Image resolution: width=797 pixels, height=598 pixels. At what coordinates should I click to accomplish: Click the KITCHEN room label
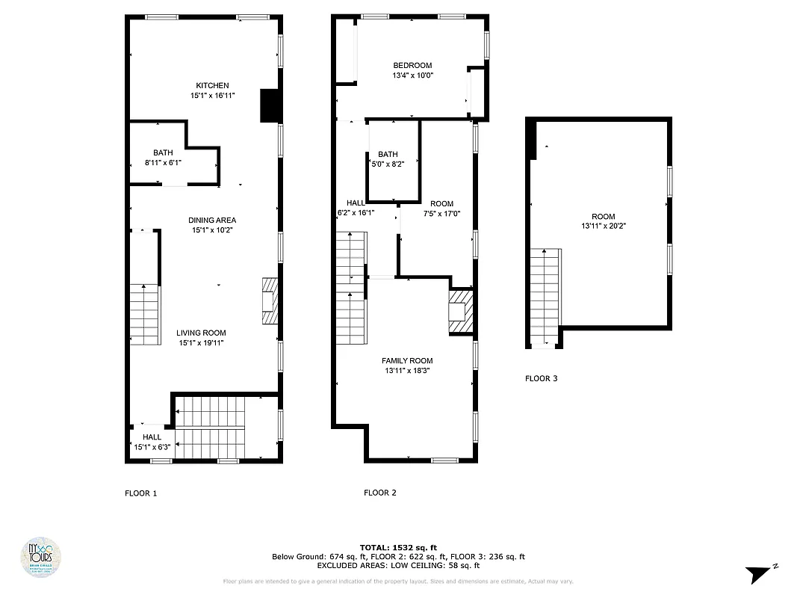(x=212, y=85)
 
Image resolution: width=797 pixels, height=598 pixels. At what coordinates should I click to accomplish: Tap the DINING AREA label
(x=212, y=220)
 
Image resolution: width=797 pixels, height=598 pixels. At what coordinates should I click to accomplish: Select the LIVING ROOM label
(x=201, y=333)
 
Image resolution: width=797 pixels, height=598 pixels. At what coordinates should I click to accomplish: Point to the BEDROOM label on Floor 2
(x=412, y=65)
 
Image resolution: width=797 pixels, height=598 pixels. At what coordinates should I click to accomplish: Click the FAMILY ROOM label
(x=407, y=360)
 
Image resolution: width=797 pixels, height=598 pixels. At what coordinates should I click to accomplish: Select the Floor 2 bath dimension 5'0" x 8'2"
(x=388, y=164)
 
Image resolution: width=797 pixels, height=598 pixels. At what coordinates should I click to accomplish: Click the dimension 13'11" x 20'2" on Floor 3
(x=604, y=226)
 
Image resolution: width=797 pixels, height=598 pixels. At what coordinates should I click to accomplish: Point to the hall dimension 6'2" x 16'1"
(x=356, y=212)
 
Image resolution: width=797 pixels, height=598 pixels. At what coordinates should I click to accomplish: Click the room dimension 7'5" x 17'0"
(x=441, y=213)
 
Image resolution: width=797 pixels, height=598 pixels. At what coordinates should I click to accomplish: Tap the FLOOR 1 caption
(x=140, y=493)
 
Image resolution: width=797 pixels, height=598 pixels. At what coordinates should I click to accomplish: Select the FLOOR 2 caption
(x=379, y=493)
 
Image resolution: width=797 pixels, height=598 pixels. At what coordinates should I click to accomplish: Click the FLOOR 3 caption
(x=541, y=378)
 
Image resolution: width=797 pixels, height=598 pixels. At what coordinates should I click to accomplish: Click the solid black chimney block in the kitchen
(x=268, y=105)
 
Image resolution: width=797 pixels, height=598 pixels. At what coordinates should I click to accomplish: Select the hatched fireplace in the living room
(x=269, y=301)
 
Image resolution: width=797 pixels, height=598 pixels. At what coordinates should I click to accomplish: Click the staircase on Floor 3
(x=545, y=298)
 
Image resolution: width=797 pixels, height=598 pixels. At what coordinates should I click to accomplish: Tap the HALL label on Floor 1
(x=152, y=437)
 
